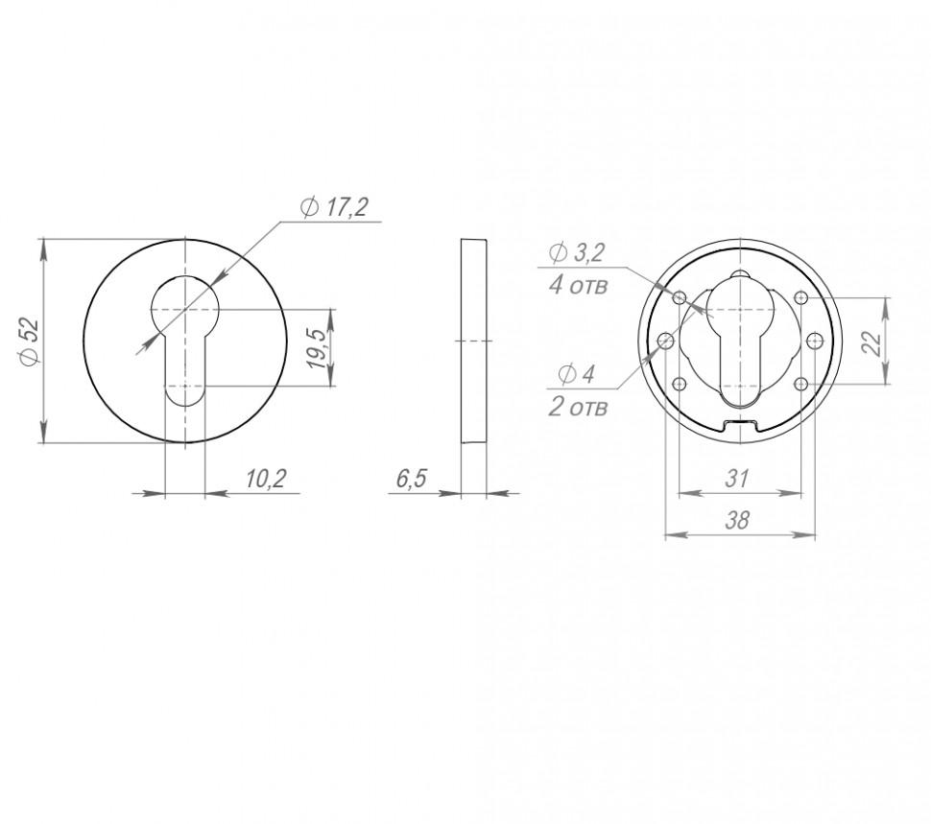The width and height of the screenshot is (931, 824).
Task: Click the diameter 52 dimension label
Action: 30,341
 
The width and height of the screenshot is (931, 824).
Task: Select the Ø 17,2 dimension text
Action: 335,207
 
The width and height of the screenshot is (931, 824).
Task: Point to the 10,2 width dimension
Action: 266,478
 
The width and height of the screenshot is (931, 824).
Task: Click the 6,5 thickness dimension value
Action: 412,478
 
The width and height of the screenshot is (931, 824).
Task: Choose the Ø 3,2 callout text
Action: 577,253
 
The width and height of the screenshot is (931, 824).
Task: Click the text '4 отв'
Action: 579,286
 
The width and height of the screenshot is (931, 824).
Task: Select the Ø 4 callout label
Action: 577,374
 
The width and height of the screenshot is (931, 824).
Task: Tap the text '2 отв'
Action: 579,408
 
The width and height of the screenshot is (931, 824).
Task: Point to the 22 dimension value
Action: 872,342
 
